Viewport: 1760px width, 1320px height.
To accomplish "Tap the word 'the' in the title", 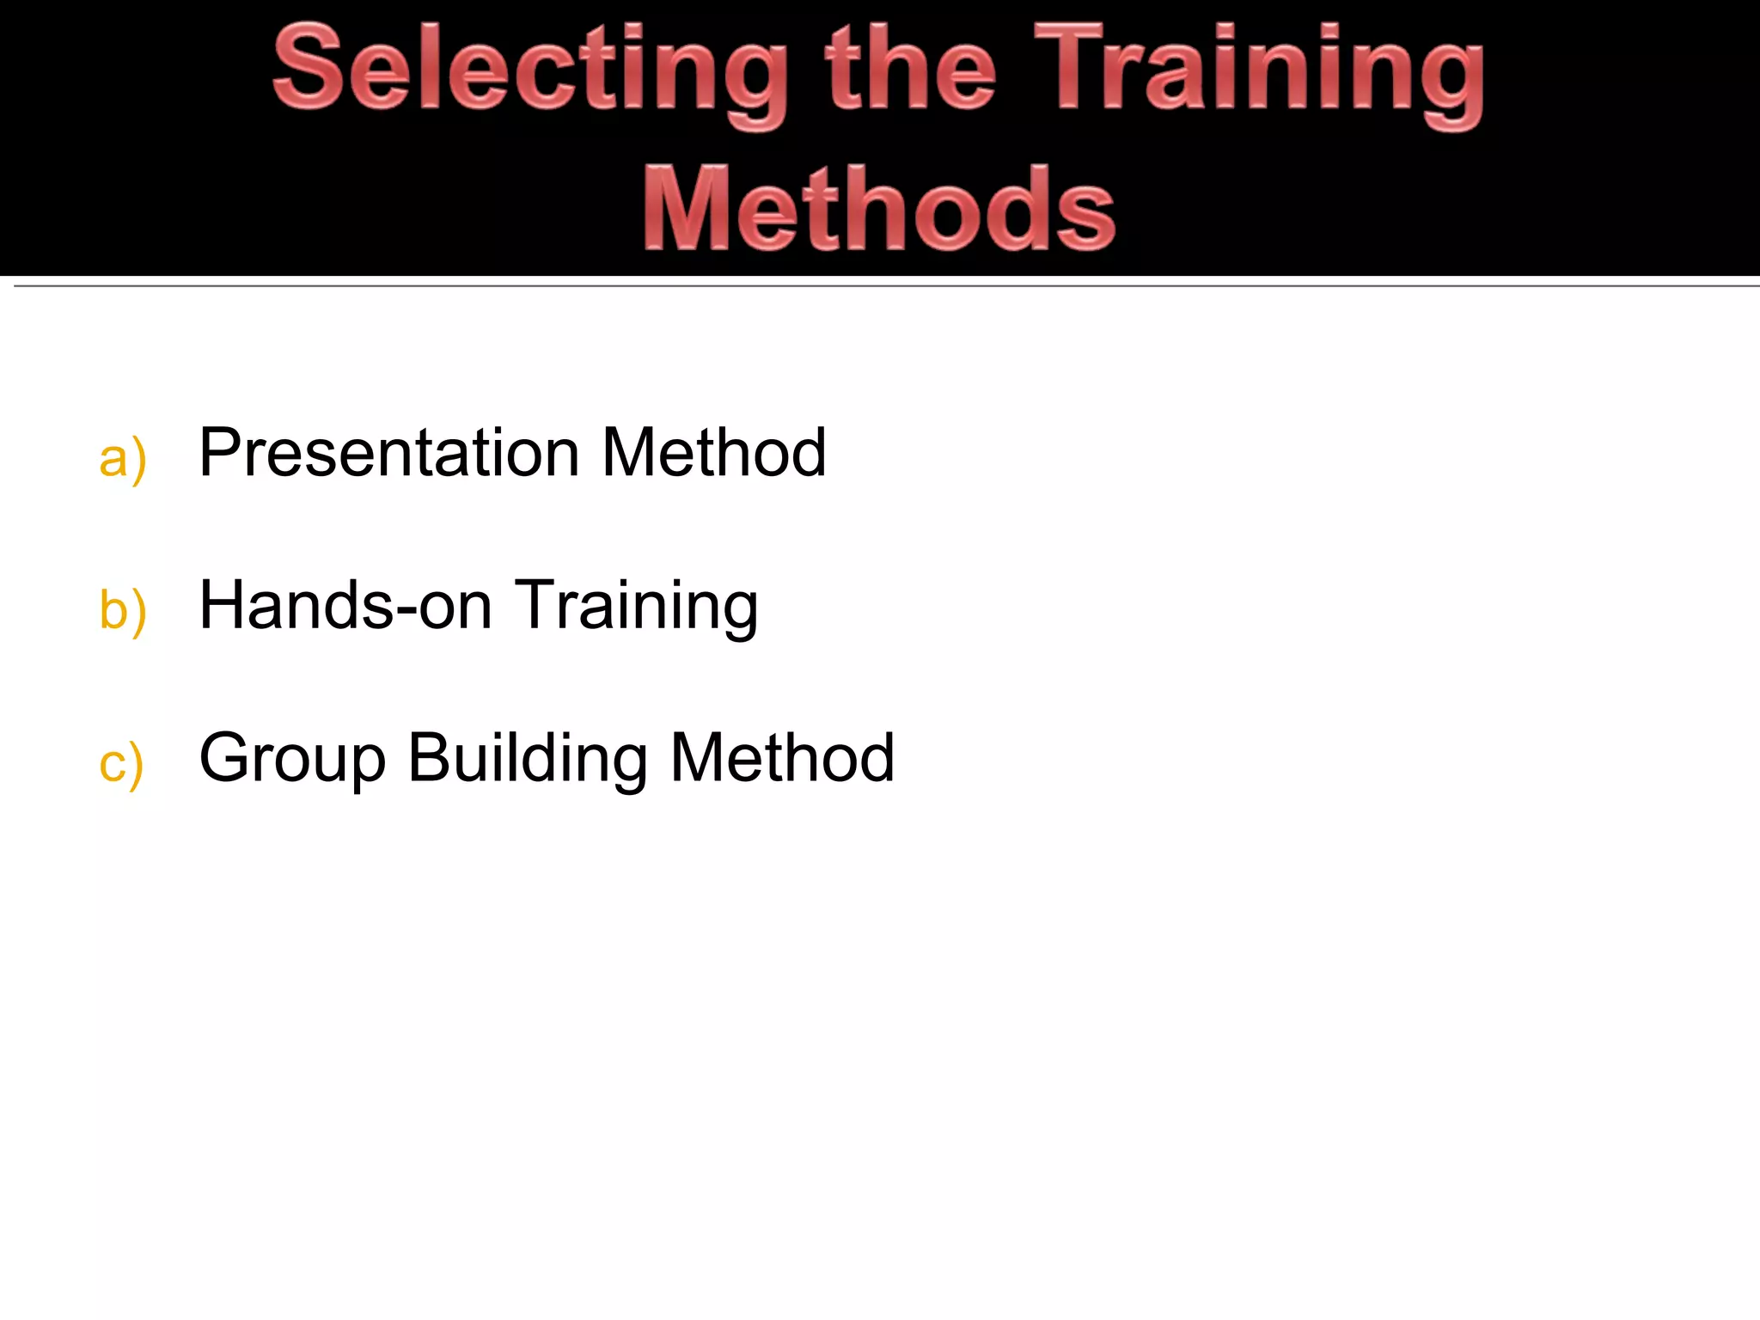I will (x=911, y=69).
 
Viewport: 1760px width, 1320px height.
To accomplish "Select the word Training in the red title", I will (x=1259, y=73).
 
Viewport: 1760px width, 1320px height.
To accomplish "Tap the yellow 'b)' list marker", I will (x=123, y=610).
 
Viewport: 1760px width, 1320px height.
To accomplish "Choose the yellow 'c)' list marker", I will (x=121, y=763).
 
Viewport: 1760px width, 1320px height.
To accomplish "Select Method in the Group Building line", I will (x=782, y=758).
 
